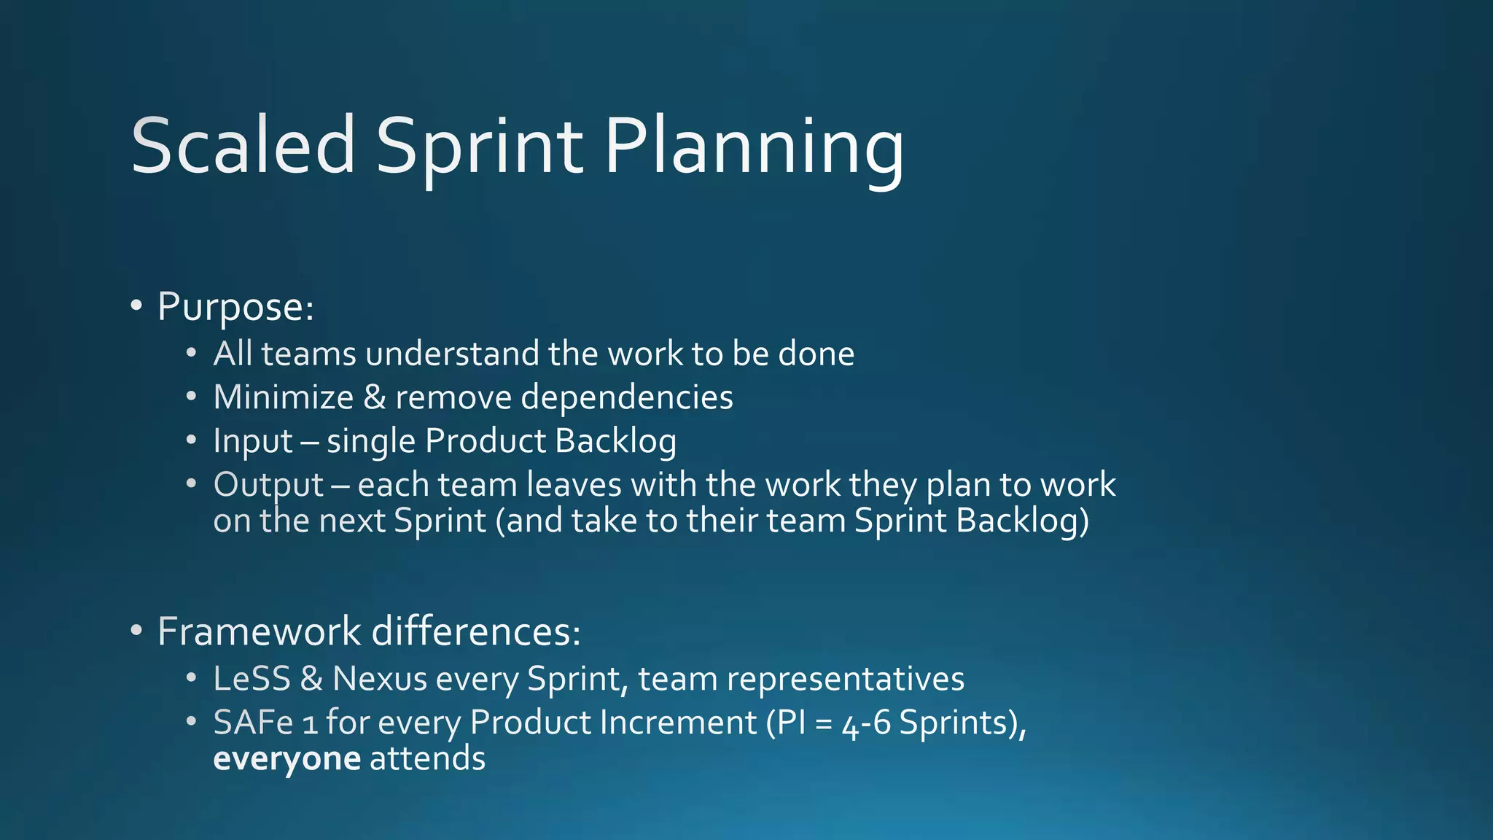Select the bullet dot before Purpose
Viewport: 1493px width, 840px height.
point(136,306)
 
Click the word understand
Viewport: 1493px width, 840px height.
point(452,354)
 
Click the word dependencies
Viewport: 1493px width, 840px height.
point(627,397)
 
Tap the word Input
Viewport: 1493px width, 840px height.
point(252,441)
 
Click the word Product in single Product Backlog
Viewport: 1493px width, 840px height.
point(486,441)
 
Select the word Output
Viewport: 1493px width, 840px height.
point(268,485)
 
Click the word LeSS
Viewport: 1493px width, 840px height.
point(252,679)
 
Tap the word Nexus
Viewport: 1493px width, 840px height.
point(379,679)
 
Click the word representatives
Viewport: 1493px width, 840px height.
point(846,679)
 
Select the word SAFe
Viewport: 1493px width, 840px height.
point(253,723)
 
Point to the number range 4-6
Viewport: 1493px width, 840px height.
point(866,724)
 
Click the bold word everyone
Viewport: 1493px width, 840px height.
point(286,759)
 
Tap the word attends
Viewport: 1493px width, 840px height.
point(427,759)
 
